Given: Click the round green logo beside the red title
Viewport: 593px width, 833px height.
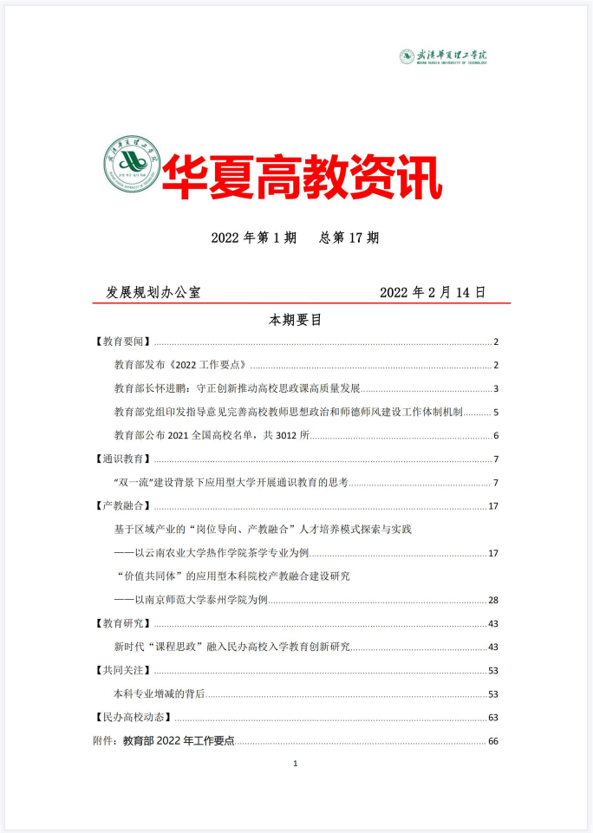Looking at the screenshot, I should click(131, 166).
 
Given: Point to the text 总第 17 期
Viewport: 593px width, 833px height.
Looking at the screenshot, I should click(349, 238).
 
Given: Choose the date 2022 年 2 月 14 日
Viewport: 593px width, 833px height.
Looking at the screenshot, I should click(433, 293).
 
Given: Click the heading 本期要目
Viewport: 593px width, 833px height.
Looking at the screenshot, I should click(296, 320).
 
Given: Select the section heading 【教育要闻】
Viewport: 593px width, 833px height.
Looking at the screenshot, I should click(122, 342).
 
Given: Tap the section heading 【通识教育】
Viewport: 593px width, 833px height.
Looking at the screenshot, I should click(122, 459).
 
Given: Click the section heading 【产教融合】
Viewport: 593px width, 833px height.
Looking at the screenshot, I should click(122, 506).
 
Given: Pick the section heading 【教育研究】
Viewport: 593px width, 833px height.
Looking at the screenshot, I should click(122, 623).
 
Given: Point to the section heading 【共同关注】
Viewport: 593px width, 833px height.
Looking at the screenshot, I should click(122, 670).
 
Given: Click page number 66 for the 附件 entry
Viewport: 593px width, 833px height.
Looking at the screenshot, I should click(494, 741).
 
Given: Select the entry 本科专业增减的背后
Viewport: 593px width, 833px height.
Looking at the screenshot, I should click(160, 693).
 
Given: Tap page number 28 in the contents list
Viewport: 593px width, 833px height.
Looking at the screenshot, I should click(494, 600).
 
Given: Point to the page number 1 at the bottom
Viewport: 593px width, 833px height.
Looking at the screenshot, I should click(296, 764).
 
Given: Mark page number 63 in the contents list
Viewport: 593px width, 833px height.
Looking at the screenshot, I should click(494, 717).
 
